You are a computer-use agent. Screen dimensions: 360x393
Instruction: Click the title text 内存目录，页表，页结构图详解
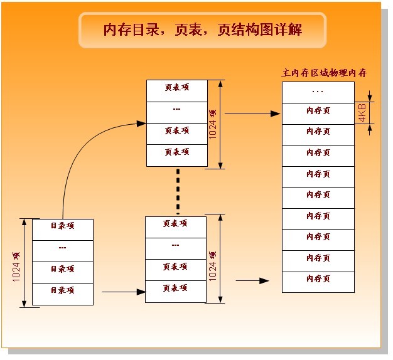pyautogui.click(x=202, y=29)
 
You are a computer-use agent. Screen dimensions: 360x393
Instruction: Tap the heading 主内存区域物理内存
pyautogui.click(x=323, y=73)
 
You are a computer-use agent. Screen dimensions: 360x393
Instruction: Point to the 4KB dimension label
pyautogui.click(x=362, y=114)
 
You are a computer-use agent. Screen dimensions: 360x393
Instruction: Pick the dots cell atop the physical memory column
pyautogui.click(x=318, y=92)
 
